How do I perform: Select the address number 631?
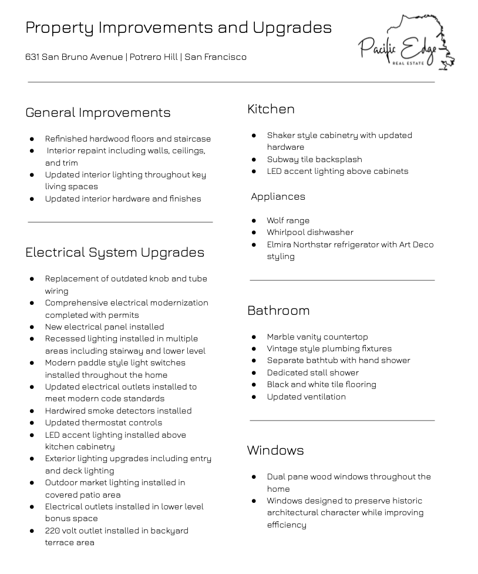point(32,57)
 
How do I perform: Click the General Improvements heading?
point(98,112)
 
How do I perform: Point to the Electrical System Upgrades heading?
point(115,252)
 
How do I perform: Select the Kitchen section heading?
point(271,109)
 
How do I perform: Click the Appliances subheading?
point(278,196)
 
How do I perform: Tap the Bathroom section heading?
point(278,310)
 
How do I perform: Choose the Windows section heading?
point(275,450)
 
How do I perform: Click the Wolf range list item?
point(288,220)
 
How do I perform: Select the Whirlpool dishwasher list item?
point(310,232)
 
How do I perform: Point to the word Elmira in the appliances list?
point(278,244)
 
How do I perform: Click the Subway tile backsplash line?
point(314,159)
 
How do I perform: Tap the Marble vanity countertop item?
point(317,337)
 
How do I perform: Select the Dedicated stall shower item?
point(312,372)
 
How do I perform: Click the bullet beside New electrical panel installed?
point(32,327)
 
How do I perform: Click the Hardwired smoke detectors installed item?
point(118,411)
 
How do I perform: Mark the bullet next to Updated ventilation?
point(254,397)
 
